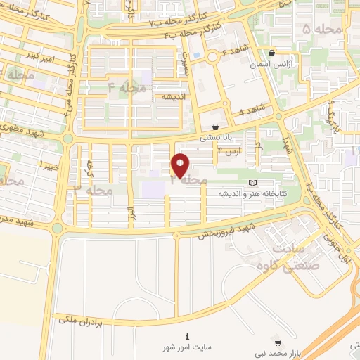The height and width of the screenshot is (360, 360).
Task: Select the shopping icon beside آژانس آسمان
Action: coord(272,53)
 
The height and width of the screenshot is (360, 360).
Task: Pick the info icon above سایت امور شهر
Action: coord(188,336)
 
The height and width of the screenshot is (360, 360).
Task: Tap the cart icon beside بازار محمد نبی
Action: coord(278,344)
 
